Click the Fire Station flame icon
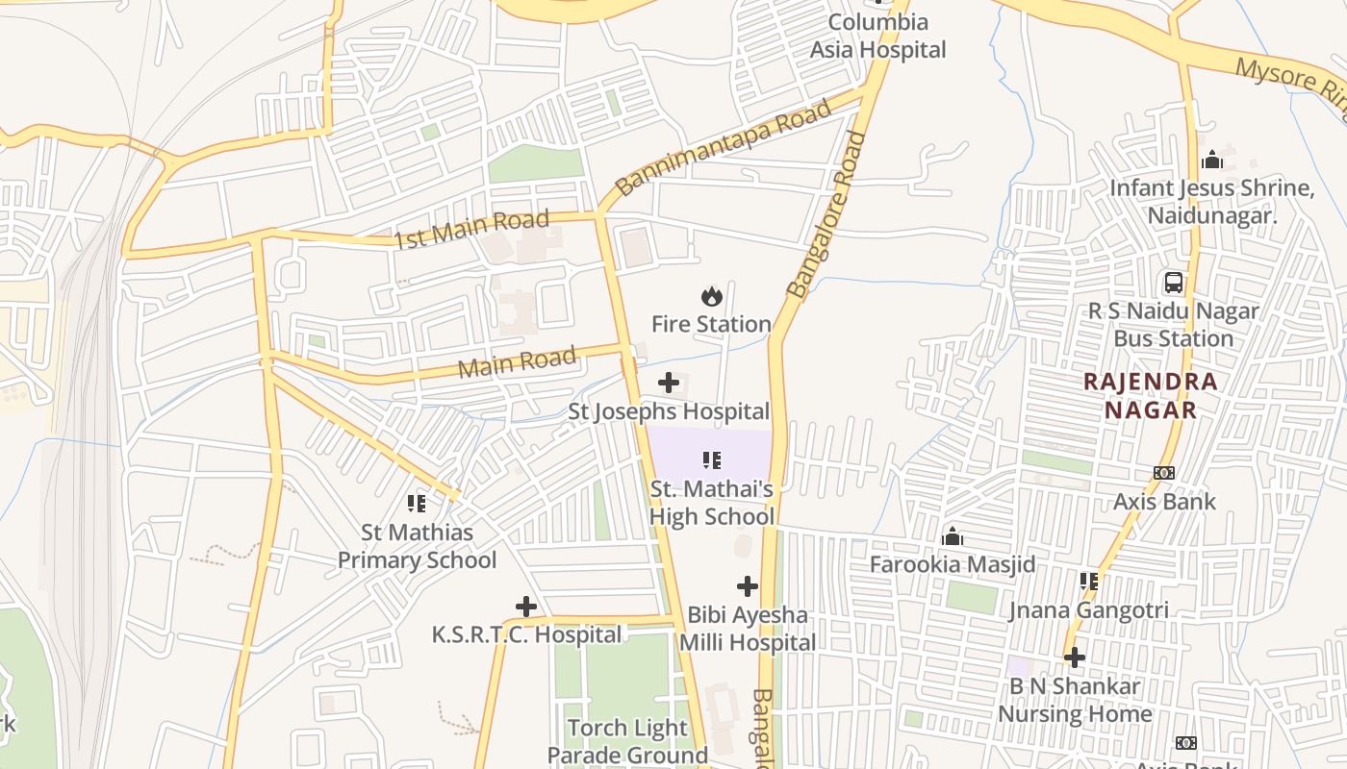click(x=712, y=296)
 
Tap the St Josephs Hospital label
click(x=669, y=412)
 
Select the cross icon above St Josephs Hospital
click(x=669, y=384)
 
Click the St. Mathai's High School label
click(x=712, y=503)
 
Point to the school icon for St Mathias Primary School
click(x=417, y=503)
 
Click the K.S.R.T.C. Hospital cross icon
click(x=526, y=607)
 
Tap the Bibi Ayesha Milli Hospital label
click(x=748, y=629)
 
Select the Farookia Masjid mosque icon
click(x=953, y=535)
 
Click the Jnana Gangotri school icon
click(x=1089, y=581)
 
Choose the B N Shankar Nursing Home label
click(x=1075, y=700)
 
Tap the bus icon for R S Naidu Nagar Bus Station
click(x=1174, y=283)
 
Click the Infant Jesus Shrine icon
click(x=1212, y=159)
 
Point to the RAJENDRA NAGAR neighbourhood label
click(x=1151, y=395)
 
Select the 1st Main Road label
click(x=471, y=230)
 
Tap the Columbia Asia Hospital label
click(x=877, y=36)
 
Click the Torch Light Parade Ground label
click(x=628, y=741)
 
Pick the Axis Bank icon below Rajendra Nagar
click(x=1164, y=473)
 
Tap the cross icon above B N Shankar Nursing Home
click(x=1075, y=657)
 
